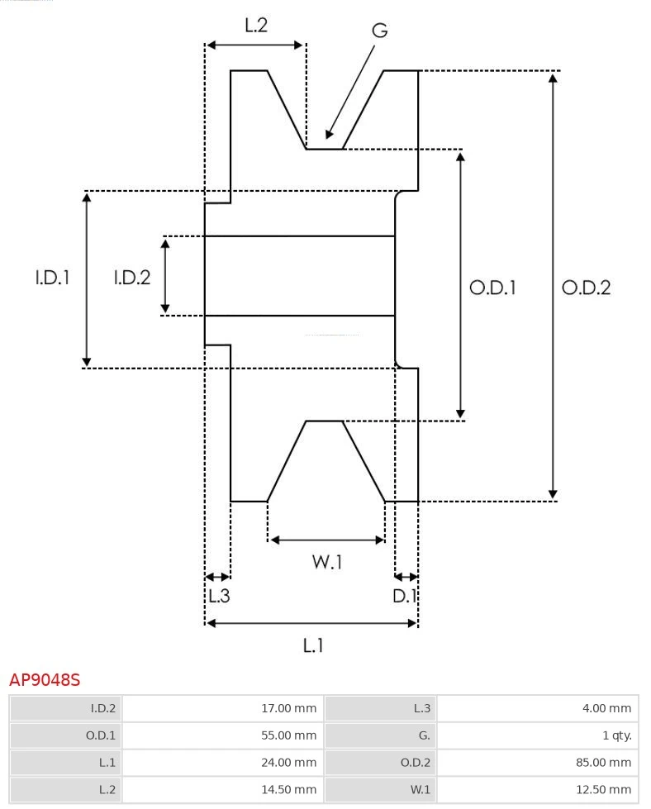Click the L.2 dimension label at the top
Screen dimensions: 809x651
tap(256, 26)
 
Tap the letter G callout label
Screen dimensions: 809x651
tap(379, 31)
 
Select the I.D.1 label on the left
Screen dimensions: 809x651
tap(51, 278)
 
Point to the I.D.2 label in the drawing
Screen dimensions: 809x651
tap(131, 278)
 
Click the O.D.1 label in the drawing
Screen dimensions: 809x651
tap(492, 288)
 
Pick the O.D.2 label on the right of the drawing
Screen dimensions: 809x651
tap(586, 288)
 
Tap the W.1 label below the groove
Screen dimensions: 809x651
tap(326, 562)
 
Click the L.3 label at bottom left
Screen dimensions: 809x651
tap(218, 596)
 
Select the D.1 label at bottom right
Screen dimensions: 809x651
tap(405, 596)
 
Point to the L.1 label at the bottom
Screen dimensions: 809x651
tap(312, 645)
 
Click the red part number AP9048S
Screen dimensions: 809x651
tap(45, 680)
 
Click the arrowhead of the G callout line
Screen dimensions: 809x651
tap(329, 135)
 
